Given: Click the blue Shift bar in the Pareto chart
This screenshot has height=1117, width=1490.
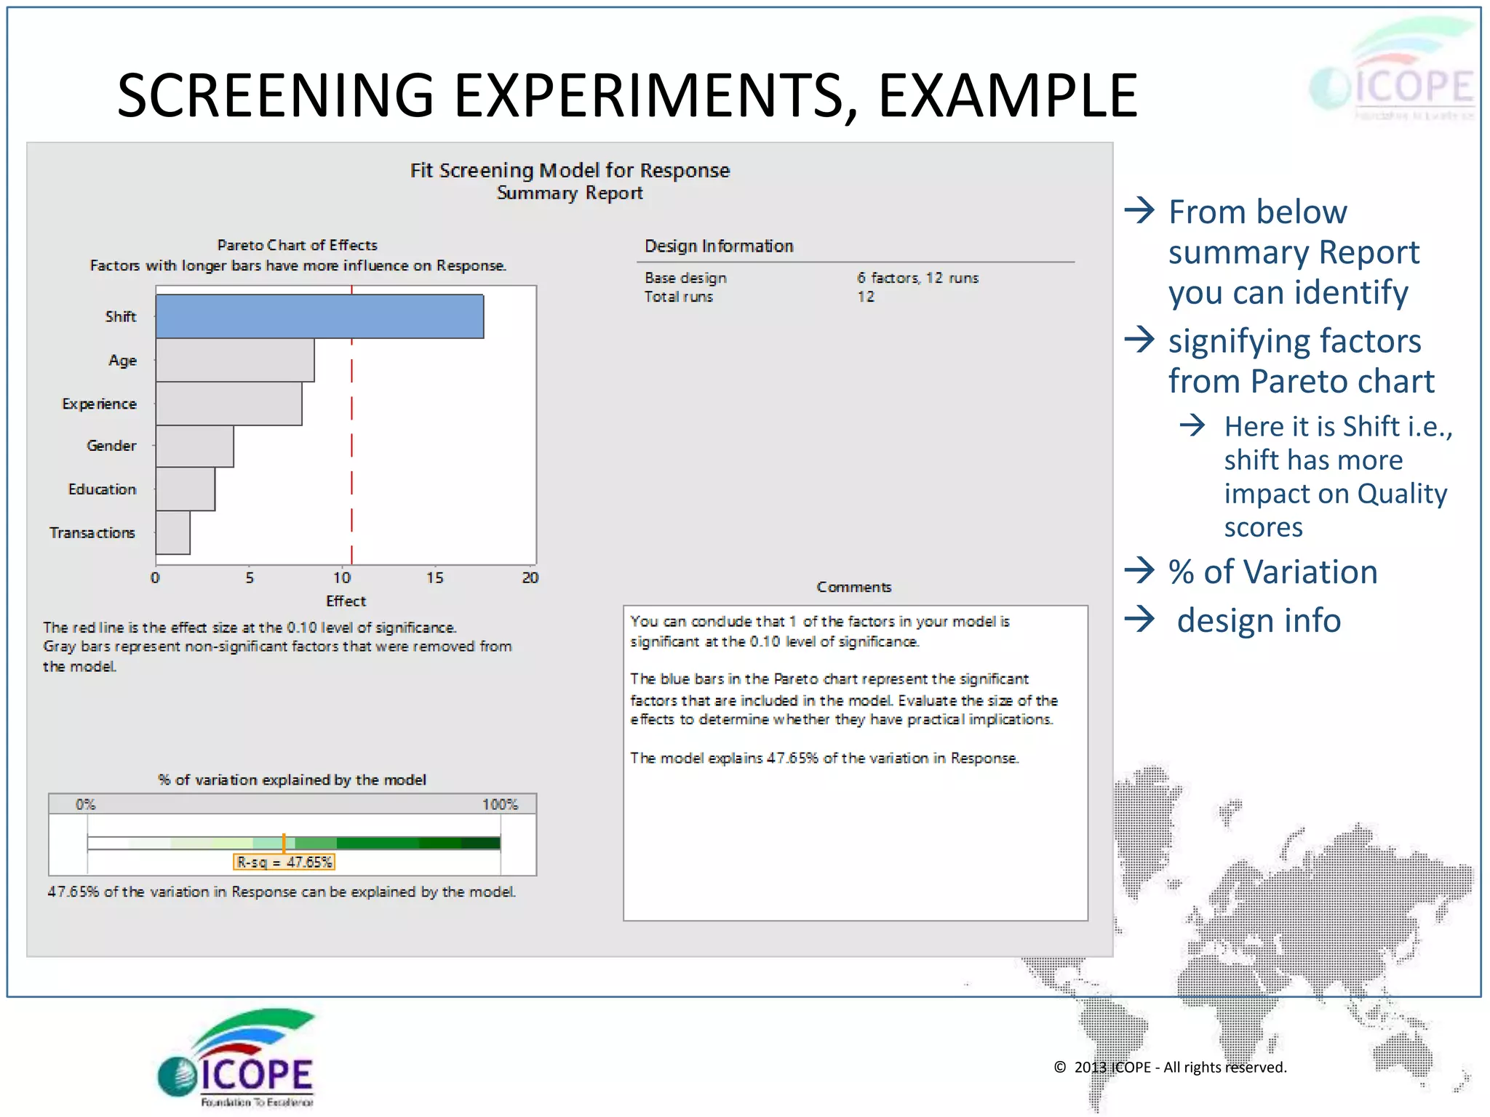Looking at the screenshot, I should [319, 316].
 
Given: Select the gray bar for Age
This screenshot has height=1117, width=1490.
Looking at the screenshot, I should [235, 360].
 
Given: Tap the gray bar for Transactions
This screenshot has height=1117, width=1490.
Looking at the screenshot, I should [173, 532].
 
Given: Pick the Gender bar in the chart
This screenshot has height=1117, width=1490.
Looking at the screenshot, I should [194, 446].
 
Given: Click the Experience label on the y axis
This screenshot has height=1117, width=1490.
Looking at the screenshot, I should [100, 404].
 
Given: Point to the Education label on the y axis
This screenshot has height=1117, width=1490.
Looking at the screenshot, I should [103, 489].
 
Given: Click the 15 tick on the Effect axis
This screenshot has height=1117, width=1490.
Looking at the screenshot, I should [434, 577].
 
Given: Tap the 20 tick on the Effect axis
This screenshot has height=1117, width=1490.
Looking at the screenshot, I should [530, 577].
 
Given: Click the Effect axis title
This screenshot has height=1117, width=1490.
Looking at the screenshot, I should [346, 601].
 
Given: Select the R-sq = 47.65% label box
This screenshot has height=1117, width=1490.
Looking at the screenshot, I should [284, 862].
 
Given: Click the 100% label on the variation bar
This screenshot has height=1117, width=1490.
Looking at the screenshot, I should [500, 804].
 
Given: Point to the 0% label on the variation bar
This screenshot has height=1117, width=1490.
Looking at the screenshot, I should [85, 804].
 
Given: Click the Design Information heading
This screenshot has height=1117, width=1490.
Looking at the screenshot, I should [719, 246].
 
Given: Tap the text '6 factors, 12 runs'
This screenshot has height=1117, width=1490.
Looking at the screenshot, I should [917, 278].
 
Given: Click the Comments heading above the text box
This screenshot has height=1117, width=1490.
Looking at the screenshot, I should [853, 587].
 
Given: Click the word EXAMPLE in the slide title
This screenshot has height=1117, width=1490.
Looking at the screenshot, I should [1008, 96].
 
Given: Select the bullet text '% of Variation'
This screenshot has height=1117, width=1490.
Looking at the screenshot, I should [1272, 572].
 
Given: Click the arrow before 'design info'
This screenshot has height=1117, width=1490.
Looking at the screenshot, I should [1140, 620].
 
